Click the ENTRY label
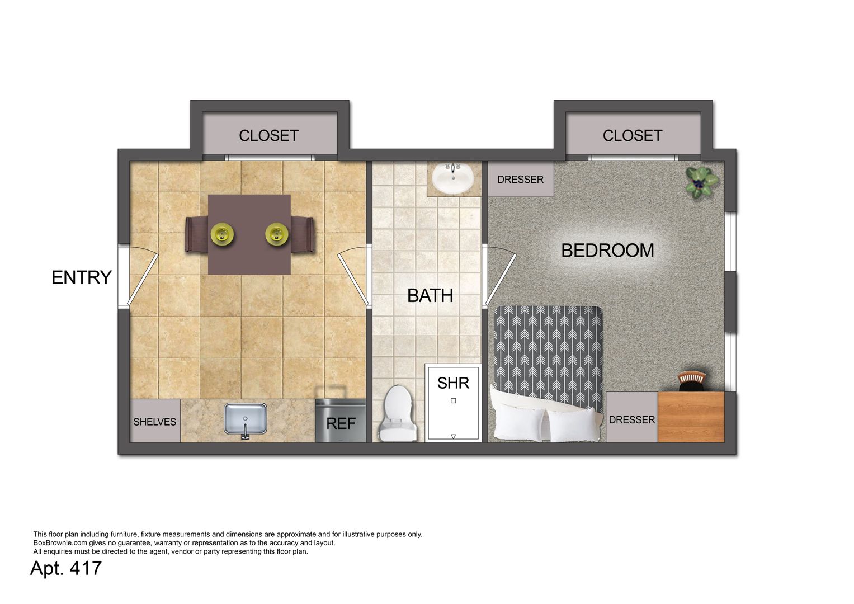click(x=82, y=277)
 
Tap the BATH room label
click(x=430, y=295)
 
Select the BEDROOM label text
click(x=608, y=251)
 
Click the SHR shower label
click(x=453, y=383)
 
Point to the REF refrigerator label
click(x=341, y=423)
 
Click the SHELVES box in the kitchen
click(x=155, y=421)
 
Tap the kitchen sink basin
click(x=245, y=419)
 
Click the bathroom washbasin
click(x=453, y=178)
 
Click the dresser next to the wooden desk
click(x=632, y=417)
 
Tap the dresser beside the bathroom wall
click(x=521, y=179)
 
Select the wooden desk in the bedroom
click(x=691, y=417)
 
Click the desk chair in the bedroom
click(x=692, y=381)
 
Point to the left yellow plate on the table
click(x=222, y=234)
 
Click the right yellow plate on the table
click(x=277, y=234)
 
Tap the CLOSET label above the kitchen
click(x=269, y=136)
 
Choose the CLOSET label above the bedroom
click(x=633, y=136)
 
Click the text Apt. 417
click(x=66, y=568)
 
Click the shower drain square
click(x=454, y=401)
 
